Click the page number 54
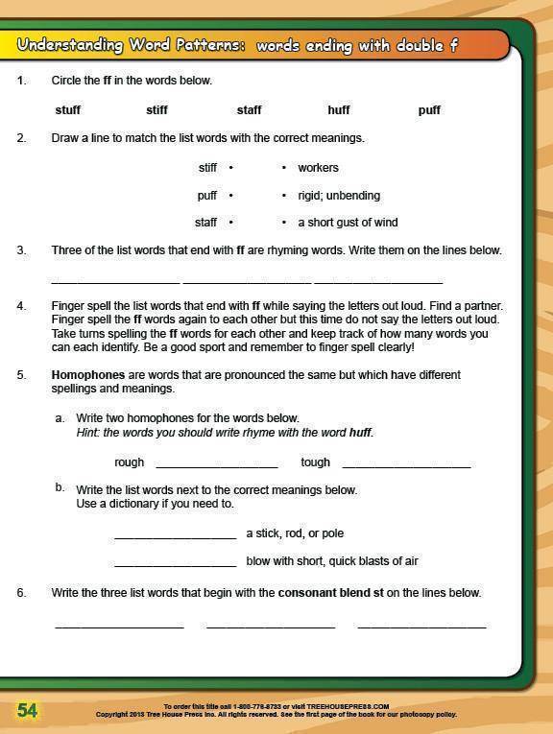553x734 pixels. [x=27, y=710]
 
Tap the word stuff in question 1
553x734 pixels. [x=68, y=110]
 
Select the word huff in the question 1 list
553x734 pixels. [x=339, y=110]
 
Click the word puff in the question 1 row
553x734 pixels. [x=429, y=110]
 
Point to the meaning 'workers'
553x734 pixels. [x=318, y=168]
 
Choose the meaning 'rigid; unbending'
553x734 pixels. [x=339, y=196]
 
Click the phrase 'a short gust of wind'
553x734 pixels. [x=348, y=223]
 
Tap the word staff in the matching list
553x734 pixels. [x=205, y=223]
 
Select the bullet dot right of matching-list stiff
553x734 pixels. [x=231, y=168]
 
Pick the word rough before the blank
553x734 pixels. [x=129, y=462]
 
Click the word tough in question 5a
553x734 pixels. [x=315, y=462]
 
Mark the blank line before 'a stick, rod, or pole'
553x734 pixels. [x=175, y=535]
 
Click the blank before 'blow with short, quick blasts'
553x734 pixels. [x=175, y=563]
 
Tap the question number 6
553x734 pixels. [x=21, y=593]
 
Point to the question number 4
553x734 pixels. [x=21, y=306]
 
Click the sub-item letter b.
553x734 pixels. [x=60, y=488]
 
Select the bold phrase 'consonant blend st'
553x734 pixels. [x=330, y=593]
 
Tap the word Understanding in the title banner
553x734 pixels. [x=70, y=45]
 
